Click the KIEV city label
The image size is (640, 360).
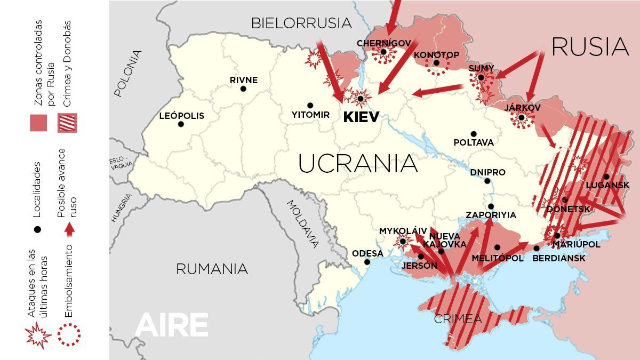pos(361,117)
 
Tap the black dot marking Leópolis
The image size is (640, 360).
pos(181,124)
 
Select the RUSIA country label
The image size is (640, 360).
pos(590,47)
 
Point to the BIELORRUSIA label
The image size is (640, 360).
pos(301,23)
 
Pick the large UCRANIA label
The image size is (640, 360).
pos(357,163)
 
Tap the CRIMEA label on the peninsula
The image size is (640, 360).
pos(458,319)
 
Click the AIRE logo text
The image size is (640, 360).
pos(171,325)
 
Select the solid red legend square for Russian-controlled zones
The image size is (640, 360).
pos(38,123)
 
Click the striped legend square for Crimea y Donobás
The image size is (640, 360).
pos(67,123)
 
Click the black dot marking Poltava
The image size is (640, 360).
pos(474,134)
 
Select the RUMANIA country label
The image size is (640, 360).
pos(212,269)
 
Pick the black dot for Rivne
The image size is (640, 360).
pos(243,89)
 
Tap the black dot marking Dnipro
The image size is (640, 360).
pos(487,181)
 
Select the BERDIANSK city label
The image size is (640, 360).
pos(559,258)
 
